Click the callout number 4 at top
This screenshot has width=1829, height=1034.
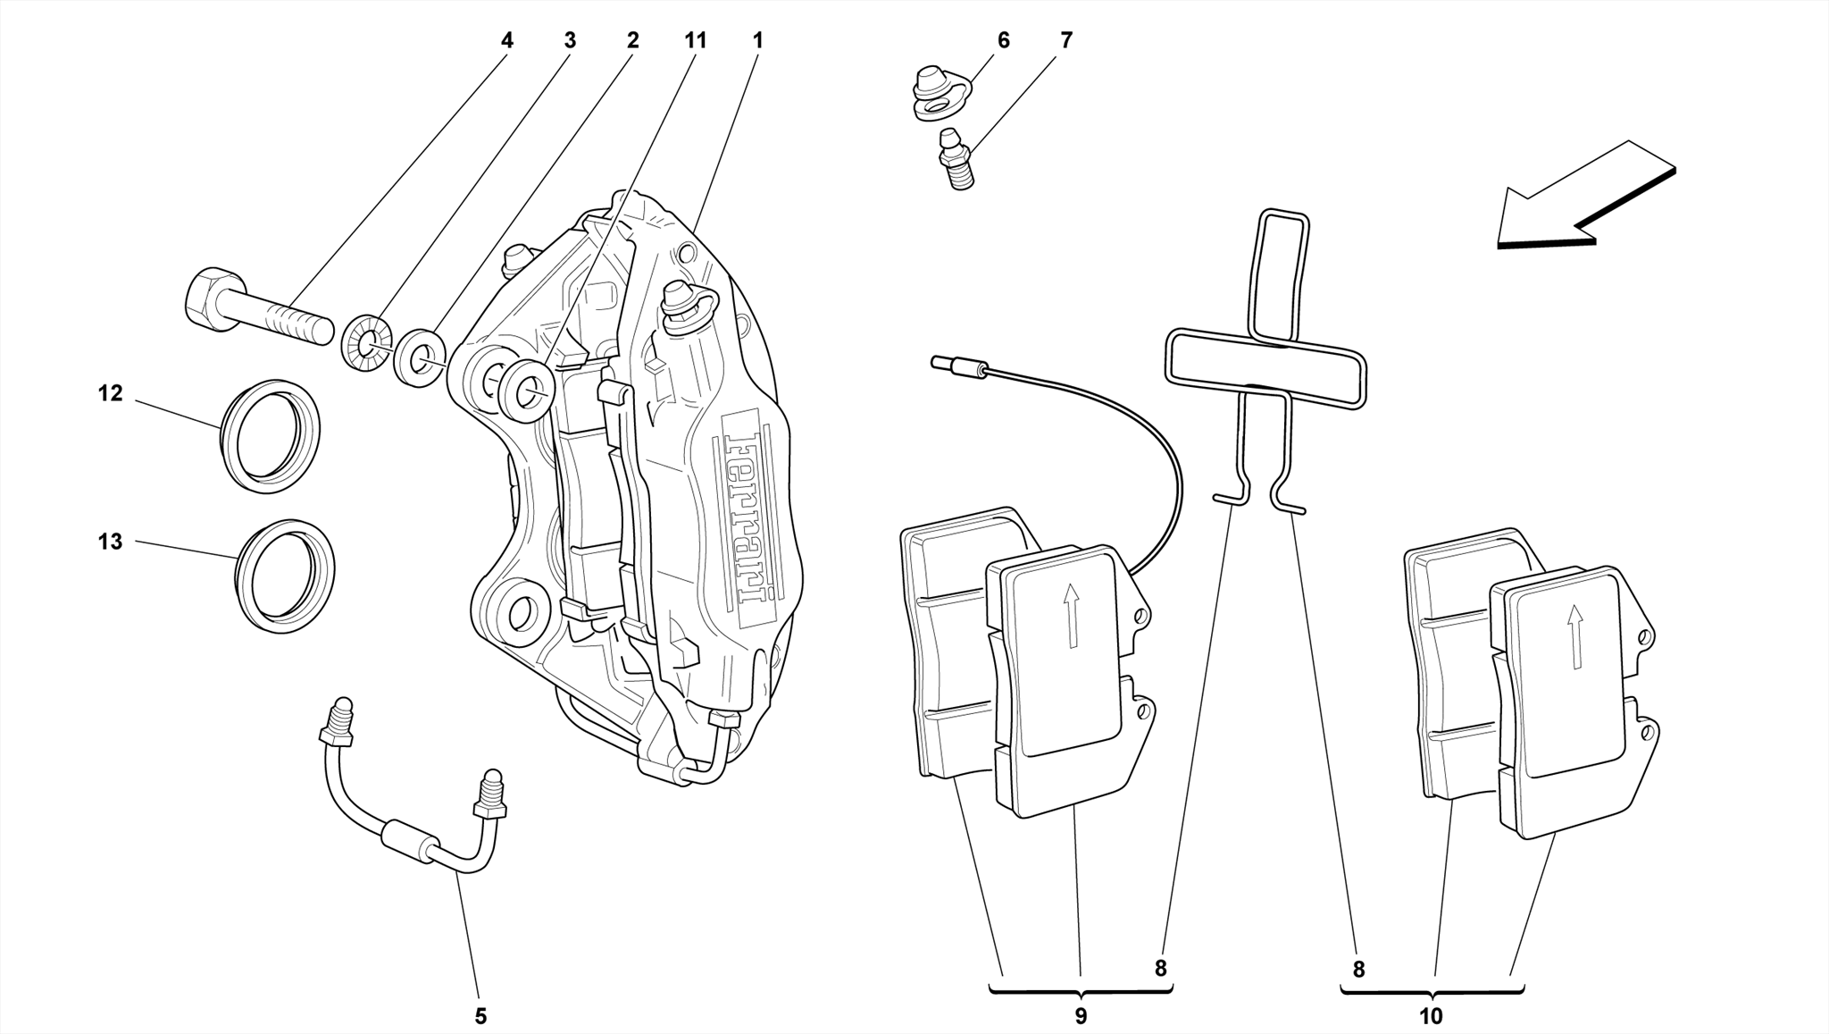point(507,40)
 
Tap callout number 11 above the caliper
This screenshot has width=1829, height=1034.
point(695,40)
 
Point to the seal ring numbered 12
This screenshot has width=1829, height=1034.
point(271,435)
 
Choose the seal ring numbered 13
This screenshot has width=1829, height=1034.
point(285,576)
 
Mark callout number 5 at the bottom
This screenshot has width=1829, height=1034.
point(480,1016)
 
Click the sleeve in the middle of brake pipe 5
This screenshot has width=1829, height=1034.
point(410,843)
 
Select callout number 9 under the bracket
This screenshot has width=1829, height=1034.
point(1081,1016)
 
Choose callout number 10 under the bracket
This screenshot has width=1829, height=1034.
point(1431,1016)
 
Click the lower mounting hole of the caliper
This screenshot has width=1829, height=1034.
point(521,612)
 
